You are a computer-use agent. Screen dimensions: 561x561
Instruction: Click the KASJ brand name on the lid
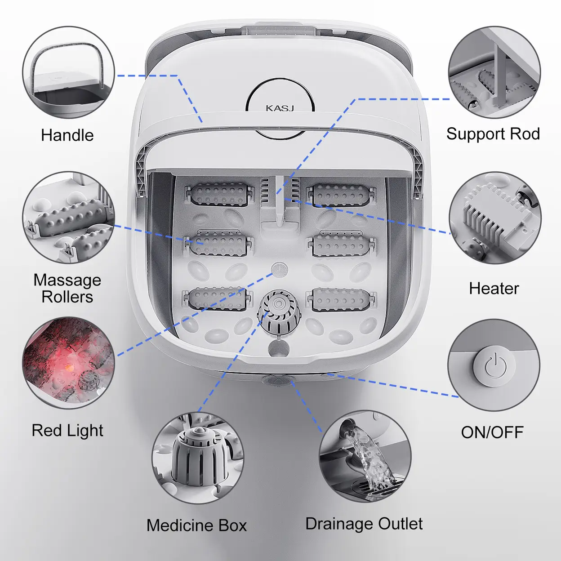(280, 108)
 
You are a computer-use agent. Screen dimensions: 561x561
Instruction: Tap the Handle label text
(67, 135)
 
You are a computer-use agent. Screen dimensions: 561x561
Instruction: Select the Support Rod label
(493, 134)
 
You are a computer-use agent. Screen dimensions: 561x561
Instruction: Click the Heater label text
(494, 289)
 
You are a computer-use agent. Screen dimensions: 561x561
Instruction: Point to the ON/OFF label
(492, 432)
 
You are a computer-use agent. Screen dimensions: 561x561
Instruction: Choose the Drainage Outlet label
(364, 524)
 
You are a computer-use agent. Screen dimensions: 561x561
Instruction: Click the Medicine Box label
(196, 525)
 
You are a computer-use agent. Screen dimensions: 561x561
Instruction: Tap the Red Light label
(67, 431)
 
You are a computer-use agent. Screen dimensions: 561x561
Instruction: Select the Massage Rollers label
(67, 288)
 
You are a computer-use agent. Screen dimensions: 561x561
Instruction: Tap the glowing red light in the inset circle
(69, 367)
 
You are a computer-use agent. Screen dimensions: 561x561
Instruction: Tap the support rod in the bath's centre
(280, 201)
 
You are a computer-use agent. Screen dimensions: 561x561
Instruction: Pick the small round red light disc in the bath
(279, 269)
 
